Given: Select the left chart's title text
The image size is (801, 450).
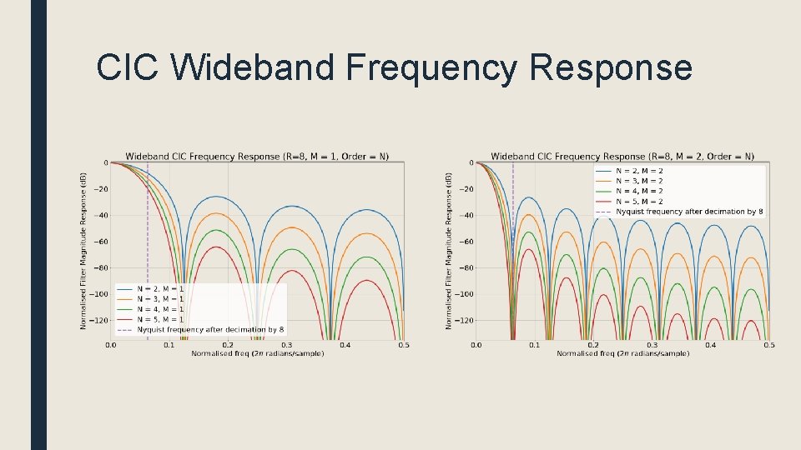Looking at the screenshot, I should tap(257, 156).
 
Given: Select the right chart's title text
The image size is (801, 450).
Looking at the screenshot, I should tap(622, 156).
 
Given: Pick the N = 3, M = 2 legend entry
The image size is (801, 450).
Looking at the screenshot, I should tap(639, 181).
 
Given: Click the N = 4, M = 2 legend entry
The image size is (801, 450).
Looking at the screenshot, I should tap(639, 191).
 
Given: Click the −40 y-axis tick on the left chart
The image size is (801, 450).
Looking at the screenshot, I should tap(99, 215).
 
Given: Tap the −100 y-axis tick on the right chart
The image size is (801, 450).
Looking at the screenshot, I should tap(462, 294).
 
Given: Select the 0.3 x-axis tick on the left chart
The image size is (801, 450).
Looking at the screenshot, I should tap(286, 345).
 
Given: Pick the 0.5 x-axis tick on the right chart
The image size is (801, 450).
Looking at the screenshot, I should tap(768, 345).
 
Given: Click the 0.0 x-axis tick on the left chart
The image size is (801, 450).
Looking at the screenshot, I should tap(111, 345).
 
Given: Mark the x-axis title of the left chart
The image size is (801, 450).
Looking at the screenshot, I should tap(257, 354).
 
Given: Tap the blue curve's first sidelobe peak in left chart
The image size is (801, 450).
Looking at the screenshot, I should tap(217, 197).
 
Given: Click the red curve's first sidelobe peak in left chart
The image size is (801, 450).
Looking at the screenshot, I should tap(217, 247).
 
